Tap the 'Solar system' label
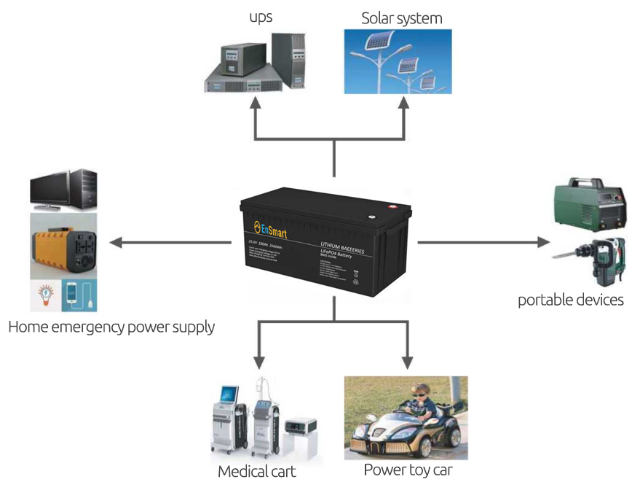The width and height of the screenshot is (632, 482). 401,18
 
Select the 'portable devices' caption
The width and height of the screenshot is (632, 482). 571,300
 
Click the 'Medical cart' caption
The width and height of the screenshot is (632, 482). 257,471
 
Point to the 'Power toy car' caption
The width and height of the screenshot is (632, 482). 408,470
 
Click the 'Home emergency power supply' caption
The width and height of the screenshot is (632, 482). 111,326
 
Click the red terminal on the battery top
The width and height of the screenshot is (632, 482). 393,207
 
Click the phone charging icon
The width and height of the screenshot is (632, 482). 80,296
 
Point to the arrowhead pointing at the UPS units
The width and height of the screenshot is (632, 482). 255,104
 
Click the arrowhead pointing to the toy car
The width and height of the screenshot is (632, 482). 407,362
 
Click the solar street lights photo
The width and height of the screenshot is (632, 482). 398,61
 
